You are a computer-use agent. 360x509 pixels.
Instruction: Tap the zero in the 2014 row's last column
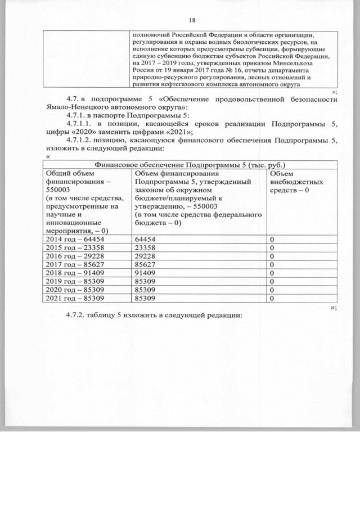(x=272, y=240)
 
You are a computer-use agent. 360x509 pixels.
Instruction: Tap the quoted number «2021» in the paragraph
(x=169, y=132)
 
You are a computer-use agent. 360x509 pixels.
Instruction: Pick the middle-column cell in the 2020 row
(x=147, y=290)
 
